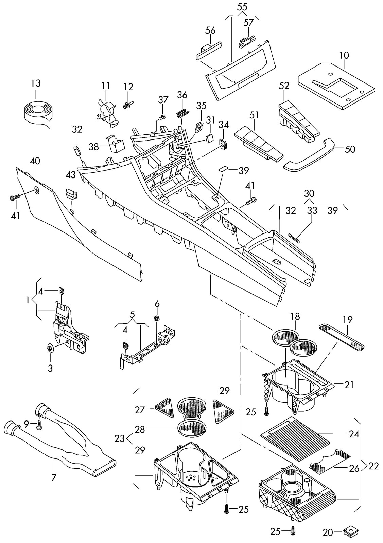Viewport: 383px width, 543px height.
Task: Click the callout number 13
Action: coord(36,83)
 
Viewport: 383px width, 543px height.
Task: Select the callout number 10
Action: coord(344,55)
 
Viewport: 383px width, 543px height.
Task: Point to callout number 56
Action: coord(210,30)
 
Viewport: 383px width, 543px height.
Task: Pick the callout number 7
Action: coord(53,478)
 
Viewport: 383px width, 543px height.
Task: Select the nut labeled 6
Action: coord(157,319)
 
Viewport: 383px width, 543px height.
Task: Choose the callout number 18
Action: coord(295,317)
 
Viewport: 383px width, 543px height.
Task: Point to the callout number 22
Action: coord(373,466)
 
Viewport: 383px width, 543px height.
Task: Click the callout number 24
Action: coord(354,434)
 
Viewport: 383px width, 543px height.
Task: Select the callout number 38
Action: coord(94,147)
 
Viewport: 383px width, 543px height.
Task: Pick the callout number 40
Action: coord(35,161)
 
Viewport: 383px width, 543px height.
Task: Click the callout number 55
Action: coord(242,6)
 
